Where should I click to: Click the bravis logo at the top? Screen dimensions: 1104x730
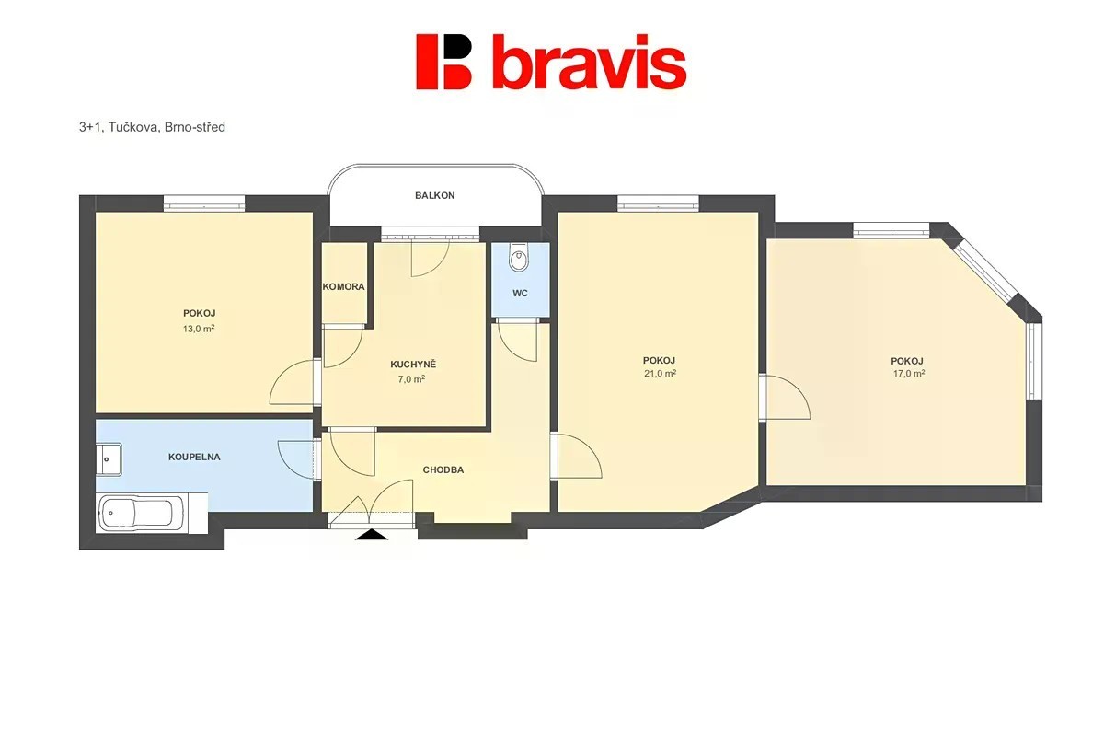(551, 62)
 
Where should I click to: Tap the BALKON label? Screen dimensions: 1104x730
(434, 196)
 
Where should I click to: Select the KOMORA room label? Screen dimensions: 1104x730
(343, 287)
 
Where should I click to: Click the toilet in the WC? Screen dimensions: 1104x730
(518, 258)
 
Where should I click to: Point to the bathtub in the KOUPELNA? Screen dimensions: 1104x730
(143, 513)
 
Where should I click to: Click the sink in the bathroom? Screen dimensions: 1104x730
(109, 459)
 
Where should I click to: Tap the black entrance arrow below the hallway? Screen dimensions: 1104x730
(372, 535)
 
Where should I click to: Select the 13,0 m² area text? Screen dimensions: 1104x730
(199, 329)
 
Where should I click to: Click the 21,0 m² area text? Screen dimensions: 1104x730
(660, 374)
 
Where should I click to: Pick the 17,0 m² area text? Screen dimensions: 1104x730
(909, 374)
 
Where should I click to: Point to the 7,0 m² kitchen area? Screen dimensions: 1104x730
(411, 379)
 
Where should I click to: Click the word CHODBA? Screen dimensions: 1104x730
(443, 470)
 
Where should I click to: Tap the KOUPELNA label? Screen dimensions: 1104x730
(194, 458)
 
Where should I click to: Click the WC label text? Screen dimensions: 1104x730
(520, 294)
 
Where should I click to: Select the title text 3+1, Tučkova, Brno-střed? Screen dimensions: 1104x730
(152, 127)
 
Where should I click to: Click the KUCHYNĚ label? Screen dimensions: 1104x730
(413, 365)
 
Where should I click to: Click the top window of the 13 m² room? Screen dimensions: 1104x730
(204, 203)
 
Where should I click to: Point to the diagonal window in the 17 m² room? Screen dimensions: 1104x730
(984, 272)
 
